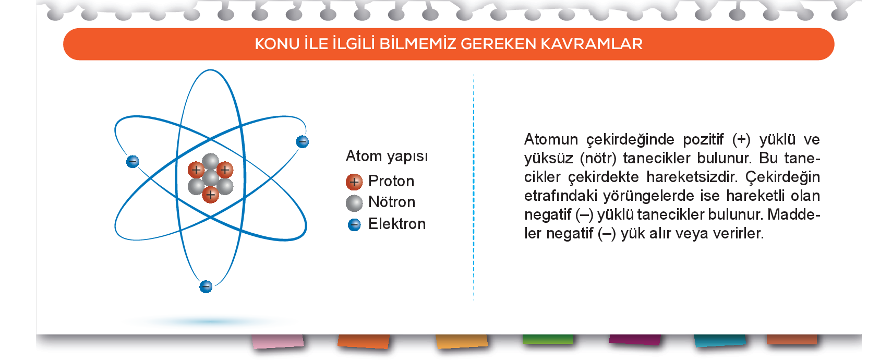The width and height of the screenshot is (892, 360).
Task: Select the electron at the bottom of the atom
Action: [x=206, y=286]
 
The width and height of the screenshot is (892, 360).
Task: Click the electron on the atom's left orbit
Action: [x=132, y=161]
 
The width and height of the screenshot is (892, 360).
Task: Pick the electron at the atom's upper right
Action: [x=302, y=141]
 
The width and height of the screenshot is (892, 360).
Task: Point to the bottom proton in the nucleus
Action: [x=211, y=195]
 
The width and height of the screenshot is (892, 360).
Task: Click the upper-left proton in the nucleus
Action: [x=196, y=170]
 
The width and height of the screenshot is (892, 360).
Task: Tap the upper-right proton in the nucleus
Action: [x=225, y=170]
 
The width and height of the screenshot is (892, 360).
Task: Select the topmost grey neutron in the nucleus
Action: [x=211, y=161]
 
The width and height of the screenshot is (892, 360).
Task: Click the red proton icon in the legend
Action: [x=354, y=182]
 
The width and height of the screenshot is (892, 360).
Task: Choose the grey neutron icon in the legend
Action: [x=354, y=203]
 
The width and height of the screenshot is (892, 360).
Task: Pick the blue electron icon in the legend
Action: [x=354, y=224]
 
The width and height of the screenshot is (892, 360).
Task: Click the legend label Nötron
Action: [x=392, y=202]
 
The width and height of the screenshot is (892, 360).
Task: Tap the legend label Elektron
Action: [x=397, y=224]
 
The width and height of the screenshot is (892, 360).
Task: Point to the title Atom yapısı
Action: [x=387, y=157]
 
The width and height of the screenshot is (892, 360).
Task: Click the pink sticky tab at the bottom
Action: [x=278, y=342]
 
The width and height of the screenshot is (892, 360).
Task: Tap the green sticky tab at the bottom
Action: [x=548, y=339]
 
